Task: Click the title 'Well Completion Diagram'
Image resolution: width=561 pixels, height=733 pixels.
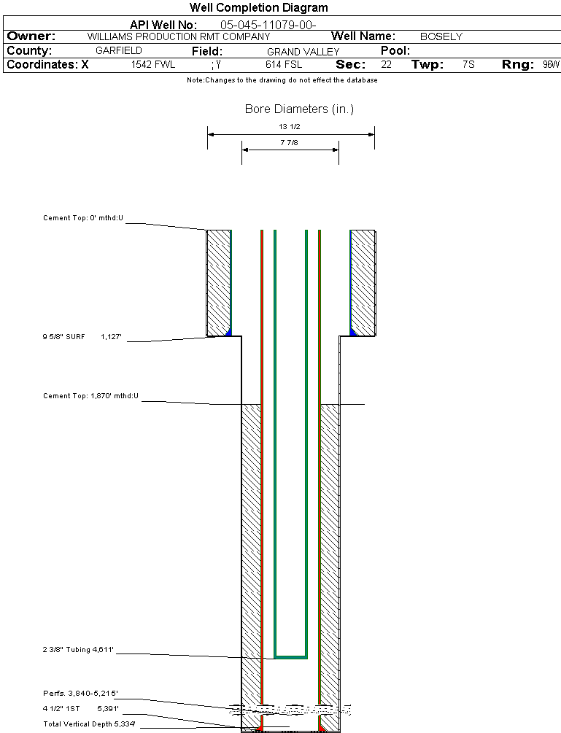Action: coord(258,8)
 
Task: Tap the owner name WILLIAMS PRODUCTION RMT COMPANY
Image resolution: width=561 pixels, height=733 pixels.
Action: coord(178,36)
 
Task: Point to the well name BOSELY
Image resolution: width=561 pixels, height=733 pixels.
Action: coord(441,36)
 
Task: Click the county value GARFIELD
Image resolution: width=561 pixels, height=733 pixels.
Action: coord(119,51)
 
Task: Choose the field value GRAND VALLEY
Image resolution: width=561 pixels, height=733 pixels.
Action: coord(303,52)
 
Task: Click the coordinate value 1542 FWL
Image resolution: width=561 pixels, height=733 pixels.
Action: coord(153,65)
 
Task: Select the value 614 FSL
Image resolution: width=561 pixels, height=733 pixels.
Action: coord(283,65)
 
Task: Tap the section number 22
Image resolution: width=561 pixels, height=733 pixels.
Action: coord(386,65)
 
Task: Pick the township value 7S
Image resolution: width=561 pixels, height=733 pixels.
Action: coord(468,65)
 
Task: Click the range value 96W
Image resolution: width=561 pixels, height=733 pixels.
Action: coord(551,65)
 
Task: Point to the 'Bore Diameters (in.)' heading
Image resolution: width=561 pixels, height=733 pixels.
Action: coord(299,109)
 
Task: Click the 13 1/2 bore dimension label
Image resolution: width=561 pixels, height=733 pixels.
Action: coord(290,127)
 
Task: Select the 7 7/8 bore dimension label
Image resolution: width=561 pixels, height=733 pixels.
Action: coord(290,143)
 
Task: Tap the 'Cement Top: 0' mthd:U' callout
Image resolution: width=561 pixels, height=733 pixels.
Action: coord(82,217)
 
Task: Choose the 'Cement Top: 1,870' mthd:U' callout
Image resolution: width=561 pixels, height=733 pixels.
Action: coord(90,396)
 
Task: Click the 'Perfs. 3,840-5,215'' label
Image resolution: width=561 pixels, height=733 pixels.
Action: coord(80,693)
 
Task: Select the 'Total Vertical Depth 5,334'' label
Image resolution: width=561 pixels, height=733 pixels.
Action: coord(89,724)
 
